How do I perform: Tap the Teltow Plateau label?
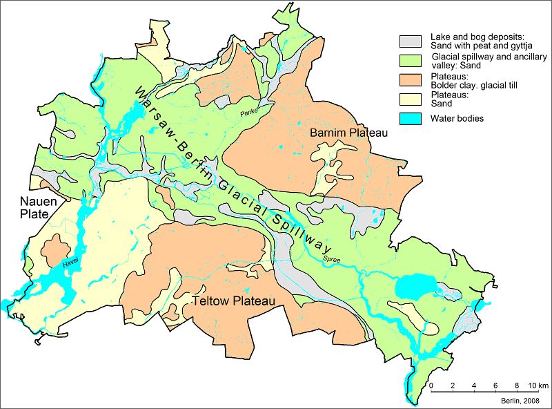(234, 302)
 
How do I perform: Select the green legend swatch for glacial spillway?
(412, 59)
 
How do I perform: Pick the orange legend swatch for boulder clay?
(412, 81)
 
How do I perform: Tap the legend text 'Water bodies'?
(456, 118)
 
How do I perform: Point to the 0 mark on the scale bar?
(431, 384)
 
